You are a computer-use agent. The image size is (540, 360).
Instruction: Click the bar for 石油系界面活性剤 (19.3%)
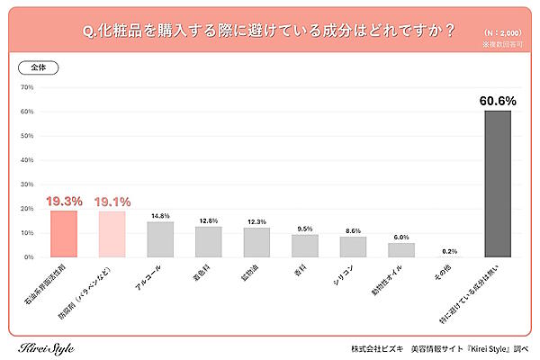point(64,234)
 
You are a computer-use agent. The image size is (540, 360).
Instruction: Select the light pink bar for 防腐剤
point(112,234)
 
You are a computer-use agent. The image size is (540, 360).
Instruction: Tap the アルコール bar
point(160,239)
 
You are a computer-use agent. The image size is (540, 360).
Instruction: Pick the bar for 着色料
point(209,242)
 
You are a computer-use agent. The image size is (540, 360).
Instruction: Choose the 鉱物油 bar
point(256,242)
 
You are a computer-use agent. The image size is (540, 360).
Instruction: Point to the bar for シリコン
point(353,247)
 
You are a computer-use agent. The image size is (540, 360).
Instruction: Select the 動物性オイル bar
point(401,250)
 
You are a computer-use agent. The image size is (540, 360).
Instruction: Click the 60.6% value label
point(497,101)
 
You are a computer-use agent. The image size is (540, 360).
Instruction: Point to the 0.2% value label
point(449,251)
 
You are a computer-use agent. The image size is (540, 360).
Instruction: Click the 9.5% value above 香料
point(305,228)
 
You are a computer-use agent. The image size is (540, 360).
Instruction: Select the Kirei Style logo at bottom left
point(46,347)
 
